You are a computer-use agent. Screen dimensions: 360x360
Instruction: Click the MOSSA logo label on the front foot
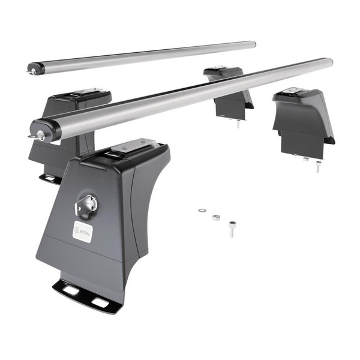coord(83,231)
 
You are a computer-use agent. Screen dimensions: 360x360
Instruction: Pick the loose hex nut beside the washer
coord(216,217)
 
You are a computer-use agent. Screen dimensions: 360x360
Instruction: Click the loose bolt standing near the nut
coord(232,228)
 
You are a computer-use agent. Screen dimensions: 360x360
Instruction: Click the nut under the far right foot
coord(306,159)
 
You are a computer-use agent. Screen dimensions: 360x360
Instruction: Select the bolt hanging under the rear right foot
coord(238,124)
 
